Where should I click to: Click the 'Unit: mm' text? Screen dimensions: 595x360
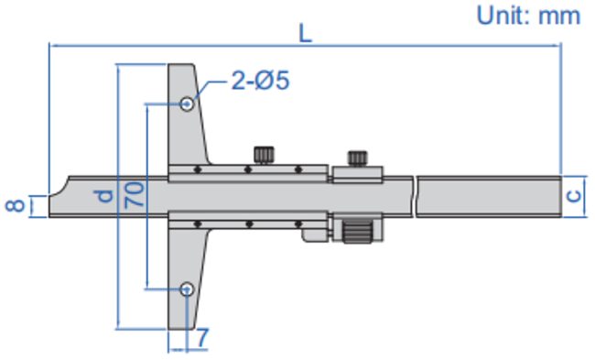[528, 16]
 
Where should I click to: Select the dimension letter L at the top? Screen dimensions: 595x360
[305, 33]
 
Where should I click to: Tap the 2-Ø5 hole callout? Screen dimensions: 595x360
[260, 81]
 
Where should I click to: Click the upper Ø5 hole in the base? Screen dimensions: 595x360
[187, 104]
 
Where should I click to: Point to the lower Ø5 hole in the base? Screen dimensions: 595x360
[187, 289]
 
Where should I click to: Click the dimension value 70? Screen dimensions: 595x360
[135, 194]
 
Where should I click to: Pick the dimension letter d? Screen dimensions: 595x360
[104, 195]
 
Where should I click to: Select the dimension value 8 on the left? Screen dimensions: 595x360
[16, 205]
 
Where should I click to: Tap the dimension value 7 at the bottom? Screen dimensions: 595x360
[202, 338]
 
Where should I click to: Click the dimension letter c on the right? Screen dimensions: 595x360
[574, 196]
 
